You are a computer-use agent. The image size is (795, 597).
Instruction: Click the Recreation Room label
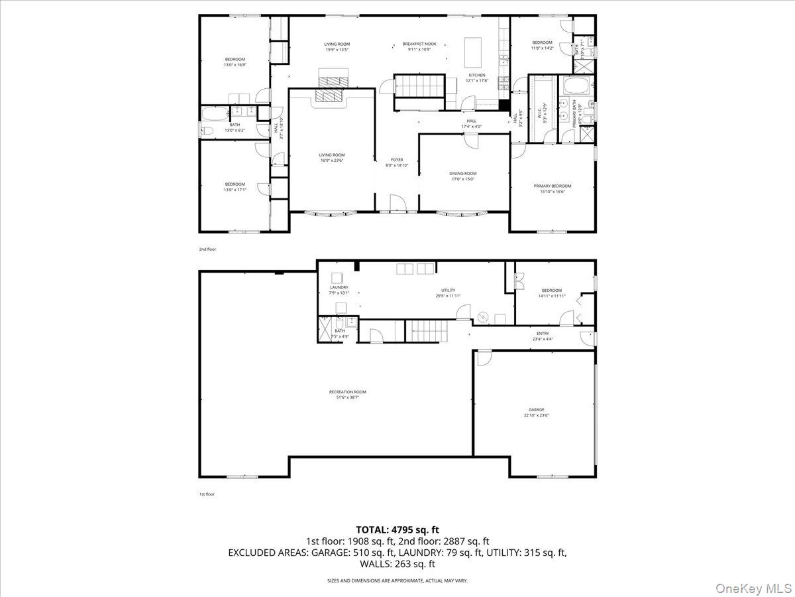pos(347,395)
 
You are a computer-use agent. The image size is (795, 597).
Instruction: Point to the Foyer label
pos(397,163)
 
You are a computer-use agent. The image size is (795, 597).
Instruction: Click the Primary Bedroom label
pos(552,188)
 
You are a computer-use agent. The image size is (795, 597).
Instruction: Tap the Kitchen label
pos(477,78)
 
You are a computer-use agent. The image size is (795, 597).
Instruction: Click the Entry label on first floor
pos(543,336)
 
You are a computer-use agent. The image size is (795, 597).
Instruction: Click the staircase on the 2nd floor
pos(419,85)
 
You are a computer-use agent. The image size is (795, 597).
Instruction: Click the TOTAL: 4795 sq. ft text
pos(397,529)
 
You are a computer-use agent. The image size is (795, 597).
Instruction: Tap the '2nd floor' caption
pos(207,249)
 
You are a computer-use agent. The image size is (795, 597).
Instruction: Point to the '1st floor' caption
pos(207,494)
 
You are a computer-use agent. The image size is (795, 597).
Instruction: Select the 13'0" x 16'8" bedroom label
pos(235,62)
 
